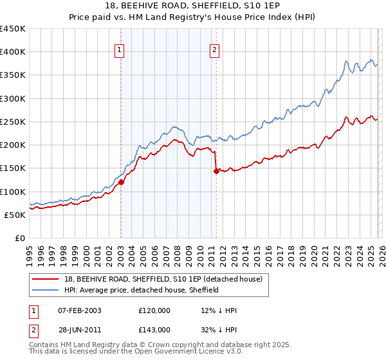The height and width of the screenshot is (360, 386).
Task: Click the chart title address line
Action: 193,6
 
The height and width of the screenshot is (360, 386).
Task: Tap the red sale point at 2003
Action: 122,183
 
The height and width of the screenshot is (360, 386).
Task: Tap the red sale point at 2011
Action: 216,171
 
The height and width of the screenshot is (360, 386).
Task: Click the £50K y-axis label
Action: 15,215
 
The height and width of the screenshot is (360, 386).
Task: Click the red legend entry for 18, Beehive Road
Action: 163,280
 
